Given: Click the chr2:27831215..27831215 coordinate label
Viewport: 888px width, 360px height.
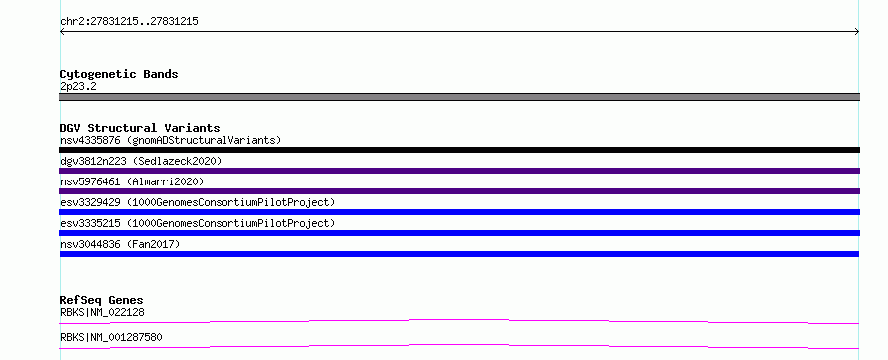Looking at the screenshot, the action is [129, 22].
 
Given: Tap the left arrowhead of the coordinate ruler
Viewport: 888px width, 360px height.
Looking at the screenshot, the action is [61, 32].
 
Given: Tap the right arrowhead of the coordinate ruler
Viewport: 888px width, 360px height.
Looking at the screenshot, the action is [857, 32].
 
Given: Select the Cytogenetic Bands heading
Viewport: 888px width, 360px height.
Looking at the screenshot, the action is [119, 74].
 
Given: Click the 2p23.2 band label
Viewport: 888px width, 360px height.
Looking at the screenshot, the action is [78, 86].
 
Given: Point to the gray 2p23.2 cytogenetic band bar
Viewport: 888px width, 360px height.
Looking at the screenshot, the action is [459, 97].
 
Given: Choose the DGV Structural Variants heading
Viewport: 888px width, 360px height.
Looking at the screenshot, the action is [140, 128].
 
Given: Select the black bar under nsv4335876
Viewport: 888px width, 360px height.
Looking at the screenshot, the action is [459, 150].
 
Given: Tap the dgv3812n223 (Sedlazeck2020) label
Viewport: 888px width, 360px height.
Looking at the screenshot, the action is [141, 161].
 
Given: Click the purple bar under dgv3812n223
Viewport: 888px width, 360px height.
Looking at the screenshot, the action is [459, 171].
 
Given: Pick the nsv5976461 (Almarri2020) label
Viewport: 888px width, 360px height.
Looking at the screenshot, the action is [132, 181].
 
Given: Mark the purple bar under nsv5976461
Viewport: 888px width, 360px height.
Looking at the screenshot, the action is [459, 191].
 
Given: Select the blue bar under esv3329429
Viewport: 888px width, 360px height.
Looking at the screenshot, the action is [459, 212].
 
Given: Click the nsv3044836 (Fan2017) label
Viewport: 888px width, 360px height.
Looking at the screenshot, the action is [120, 244].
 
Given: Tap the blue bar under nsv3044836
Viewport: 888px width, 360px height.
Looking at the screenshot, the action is [459, 254].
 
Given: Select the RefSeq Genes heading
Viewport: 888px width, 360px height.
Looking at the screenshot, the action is [102, 300].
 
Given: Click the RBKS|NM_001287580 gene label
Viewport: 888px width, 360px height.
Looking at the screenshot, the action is [111, 337].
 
